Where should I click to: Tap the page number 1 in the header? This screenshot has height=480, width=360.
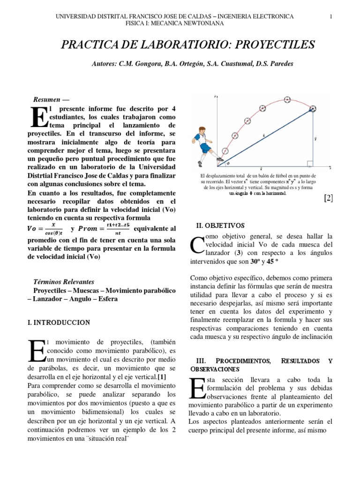pyautogui.click(x=331, y=16)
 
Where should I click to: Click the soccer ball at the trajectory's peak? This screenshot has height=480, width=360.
pyautogui.click(x=287, y=99)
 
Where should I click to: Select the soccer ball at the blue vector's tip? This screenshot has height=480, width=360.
pyautogui.click(x=312, y=109)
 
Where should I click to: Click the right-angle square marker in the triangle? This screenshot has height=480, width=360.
pyautogui.click(x=310, y=164)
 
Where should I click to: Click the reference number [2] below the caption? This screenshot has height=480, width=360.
pyautogui.click(x=328, y=198)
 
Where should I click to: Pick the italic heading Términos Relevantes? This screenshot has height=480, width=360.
pyautogui.click(x=64, y=282)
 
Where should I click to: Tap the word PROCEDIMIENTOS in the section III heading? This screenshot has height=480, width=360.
pyautogui.click(x=244, y=361)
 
